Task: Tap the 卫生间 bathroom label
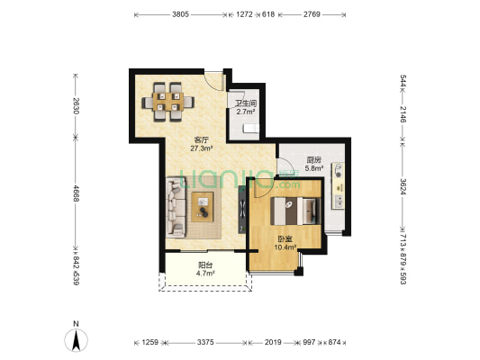[x=246, y=105]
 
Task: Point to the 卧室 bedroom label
[x=284, y=238]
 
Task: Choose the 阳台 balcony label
[x=205, y=265]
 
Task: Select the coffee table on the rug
[x=205, y=209]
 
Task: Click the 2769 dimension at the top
[x=312, y=15]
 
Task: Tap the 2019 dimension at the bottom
[x=273, y=342]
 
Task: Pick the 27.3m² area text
[x=200, y=148]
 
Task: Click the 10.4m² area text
[x=284, y=247]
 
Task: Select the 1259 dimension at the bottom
[x=150, y=342]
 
